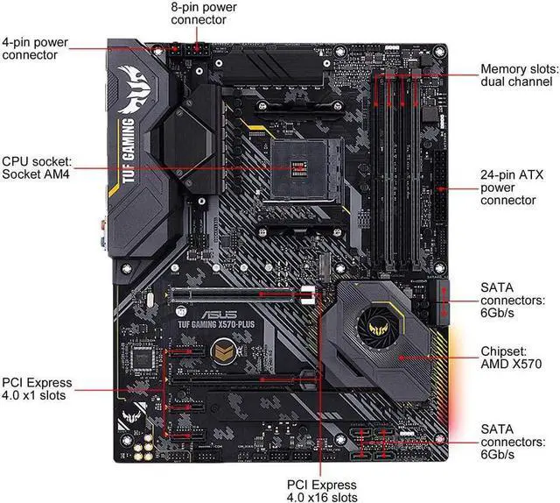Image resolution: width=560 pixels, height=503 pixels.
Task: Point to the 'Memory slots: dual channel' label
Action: click(x=516, y=75)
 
